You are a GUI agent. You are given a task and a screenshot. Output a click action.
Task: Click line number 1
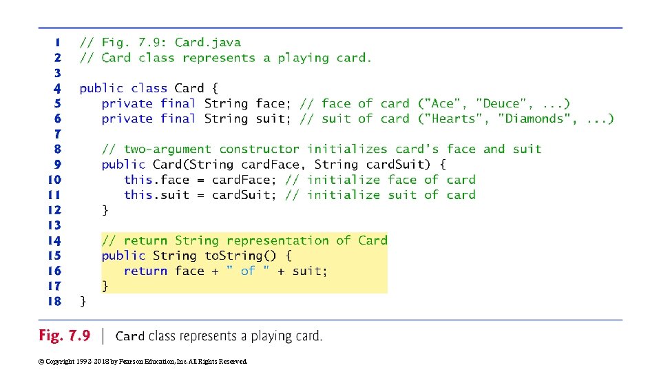57,43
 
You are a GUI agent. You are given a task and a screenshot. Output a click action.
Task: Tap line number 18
54,301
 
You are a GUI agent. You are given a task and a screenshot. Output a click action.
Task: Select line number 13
54,225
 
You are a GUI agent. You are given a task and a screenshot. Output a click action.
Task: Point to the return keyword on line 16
145,271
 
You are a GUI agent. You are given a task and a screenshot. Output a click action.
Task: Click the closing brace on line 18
83,301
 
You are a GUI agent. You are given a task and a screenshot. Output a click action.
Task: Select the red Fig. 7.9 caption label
64,336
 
